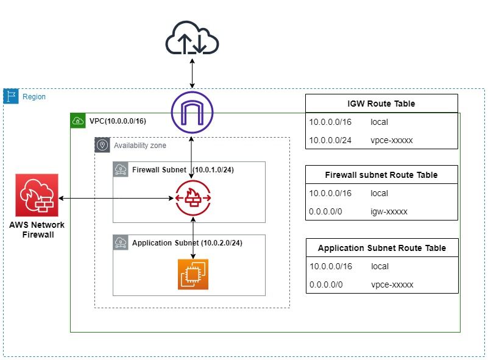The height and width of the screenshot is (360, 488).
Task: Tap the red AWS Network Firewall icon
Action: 37,194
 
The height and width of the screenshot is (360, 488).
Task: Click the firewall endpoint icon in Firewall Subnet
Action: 193,198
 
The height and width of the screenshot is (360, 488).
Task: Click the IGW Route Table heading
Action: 381,104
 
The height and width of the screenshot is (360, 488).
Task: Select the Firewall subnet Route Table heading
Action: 381,175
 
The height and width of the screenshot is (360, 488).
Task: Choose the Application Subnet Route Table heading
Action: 381,248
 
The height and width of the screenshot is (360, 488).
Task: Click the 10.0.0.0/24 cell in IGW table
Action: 330,140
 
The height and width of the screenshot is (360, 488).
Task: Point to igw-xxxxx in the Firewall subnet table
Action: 389,211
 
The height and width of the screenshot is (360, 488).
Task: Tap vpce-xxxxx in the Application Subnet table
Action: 392,284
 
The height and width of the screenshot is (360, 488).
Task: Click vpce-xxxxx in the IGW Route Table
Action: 391,140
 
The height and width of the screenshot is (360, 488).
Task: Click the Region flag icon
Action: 11,96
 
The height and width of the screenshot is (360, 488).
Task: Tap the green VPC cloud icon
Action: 78,121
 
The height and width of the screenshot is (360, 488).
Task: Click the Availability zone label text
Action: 140,146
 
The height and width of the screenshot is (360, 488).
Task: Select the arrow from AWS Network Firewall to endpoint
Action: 116,198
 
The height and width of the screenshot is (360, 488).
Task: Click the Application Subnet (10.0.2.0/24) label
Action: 187,243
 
